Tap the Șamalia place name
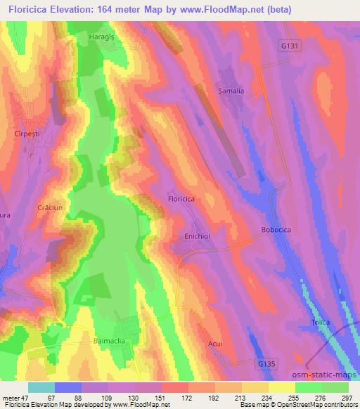click(231, 91)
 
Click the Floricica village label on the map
click(186, 200)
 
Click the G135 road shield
click(264, 363)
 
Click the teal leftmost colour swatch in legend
click(41, 387)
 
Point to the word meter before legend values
click(11, 397)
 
